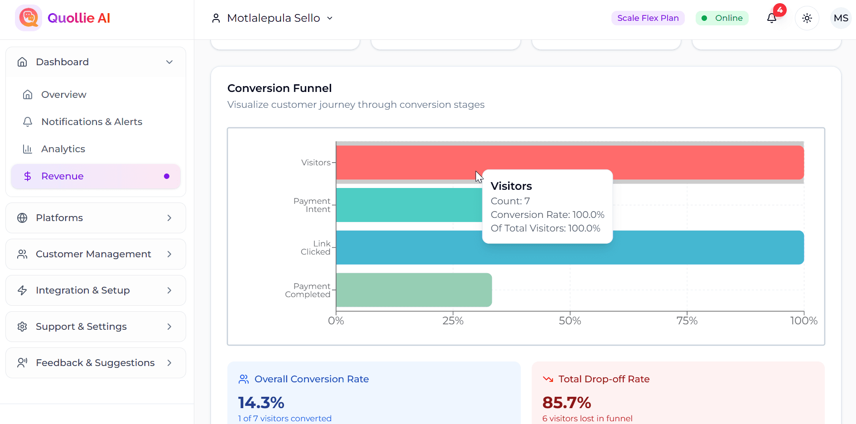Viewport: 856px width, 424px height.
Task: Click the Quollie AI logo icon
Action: pos(29,18)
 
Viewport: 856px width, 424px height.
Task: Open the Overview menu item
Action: pos(63,95)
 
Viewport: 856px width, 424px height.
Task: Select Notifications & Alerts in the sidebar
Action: pos(91,122)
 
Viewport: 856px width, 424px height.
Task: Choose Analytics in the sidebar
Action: pos(63,149)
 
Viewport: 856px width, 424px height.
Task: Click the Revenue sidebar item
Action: pos(63,176)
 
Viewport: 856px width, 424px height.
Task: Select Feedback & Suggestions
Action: pos(96,363)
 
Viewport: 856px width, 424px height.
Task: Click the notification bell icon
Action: pos(772,18)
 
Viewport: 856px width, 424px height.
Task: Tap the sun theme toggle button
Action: pos(807,18)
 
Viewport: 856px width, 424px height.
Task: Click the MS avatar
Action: pos(841,18)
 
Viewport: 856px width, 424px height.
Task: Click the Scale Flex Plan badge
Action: pos(648,18)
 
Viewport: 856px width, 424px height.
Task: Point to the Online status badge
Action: pos(722,18)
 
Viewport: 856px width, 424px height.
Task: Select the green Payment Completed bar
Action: pos(414,290)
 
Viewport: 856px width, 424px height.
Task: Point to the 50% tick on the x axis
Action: pos(570,321)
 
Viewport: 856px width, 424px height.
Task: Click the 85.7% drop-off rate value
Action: pos(567,402)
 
